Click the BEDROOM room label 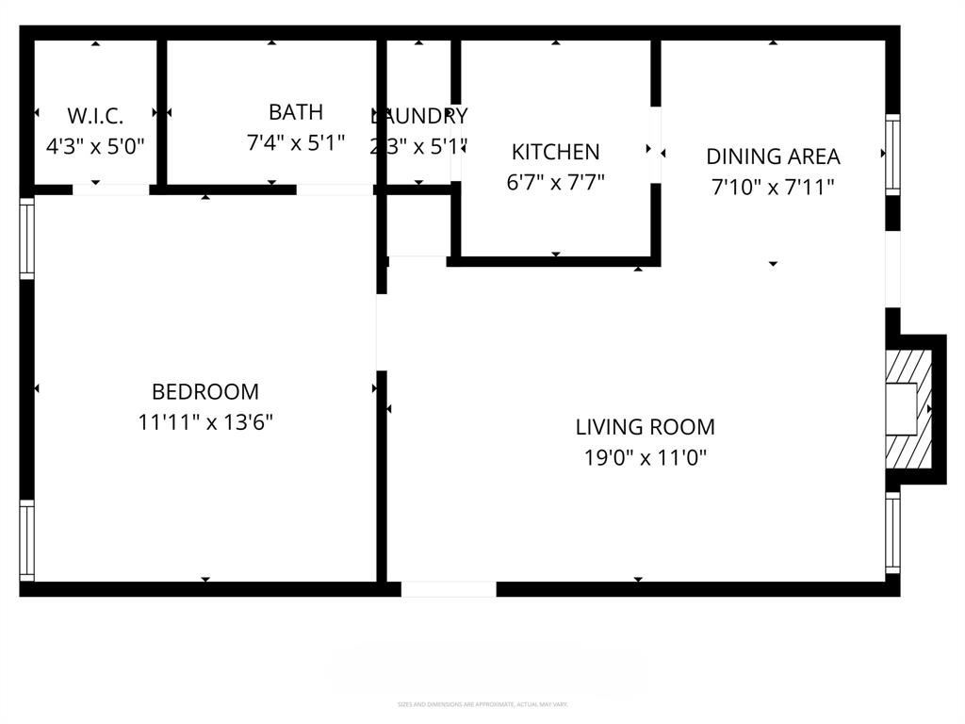pos(205,391)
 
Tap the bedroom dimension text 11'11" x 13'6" pos(205,421)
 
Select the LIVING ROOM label pos(645,427)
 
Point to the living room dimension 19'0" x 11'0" pos(645,458)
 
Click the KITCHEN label pos(555,152)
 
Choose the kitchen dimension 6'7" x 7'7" pos(555,182)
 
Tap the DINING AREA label pos(773,156)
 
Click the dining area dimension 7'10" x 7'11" pos(773,187)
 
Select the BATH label pos(296,112)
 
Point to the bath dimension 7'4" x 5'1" pos(296,143)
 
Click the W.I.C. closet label pos(95,116)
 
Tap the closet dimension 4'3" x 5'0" pos(95,146)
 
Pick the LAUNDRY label pos(418,116)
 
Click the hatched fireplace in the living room pos(908,409)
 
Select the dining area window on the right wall pos(892,155)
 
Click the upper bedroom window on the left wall pos(27,238)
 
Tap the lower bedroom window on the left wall pos(27,540)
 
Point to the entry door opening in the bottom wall pos(449,589)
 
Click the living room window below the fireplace pos(892,533)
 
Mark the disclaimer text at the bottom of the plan pos(482,704)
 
